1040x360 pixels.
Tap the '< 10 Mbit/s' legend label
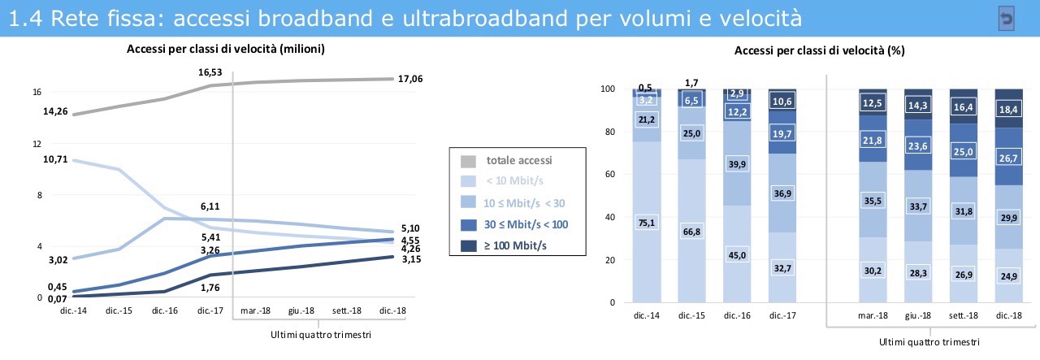click(515, 181)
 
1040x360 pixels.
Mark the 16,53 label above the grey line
click(210, 73)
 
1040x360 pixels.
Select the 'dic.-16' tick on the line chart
click(164, 310)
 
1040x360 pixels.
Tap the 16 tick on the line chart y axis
click(37, 92)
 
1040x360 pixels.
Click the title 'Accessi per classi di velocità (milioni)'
click(226, 50)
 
